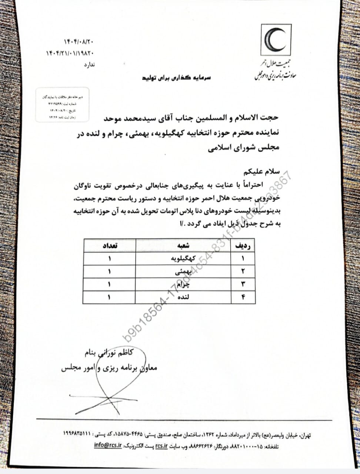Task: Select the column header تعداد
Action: [110, 246]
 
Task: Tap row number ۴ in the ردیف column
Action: [243, 297]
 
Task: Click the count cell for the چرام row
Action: [110, 284]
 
